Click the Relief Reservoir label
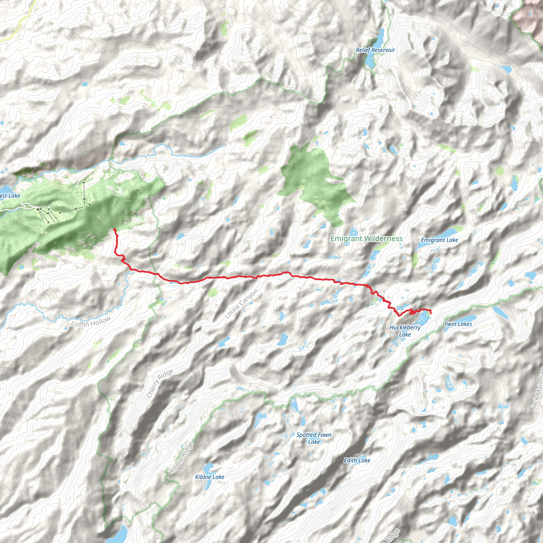click(x=375, y=50)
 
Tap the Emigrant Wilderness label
click(x=366, y=239)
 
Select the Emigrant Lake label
click(x=439, y=240)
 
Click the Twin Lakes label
click(x=458, y=324)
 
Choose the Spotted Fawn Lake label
click(x=314, y=438)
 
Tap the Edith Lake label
click(x=357, y=460)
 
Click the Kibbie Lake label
click(x=209, y=477)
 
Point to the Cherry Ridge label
click(x=160, y=383)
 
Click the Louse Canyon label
click(x=241, y=304)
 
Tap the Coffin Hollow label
click(x=91, y=322)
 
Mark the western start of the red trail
click(x=115, y=230)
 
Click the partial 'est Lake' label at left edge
click(x=10, y=196)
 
